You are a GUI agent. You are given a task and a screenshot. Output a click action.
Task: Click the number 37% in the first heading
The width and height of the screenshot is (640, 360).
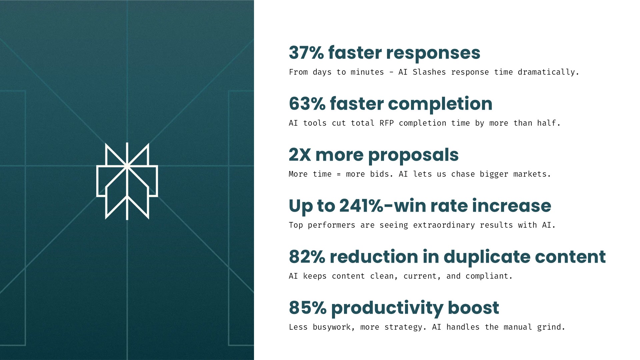click(x=306, y=53)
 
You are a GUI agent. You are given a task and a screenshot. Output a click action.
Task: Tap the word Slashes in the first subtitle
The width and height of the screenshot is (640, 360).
click(x=429, y=72)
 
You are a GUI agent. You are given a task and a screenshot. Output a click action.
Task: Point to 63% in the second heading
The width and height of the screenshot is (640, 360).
click(x=307, y=104)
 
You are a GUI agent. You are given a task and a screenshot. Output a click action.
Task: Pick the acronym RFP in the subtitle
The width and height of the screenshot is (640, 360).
click(x=386, y=123)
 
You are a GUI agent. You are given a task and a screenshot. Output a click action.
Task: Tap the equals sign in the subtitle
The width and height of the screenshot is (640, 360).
click(x=339, y=174)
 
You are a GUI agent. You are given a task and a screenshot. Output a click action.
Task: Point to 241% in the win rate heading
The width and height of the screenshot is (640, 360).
click(x=361, y=206)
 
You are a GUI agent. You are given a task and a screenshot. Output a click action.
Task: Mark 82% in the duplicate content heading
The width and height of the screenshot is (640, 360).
click(x=307, y=257)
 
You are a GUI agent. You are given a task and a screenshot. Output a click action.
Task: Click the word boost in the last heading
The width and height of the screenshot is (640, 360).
click(x=473, y=307)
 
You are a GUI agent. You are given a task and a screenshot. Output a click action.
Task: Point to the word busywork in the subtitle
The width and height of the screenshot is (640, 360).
click(x=331, y=327)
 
